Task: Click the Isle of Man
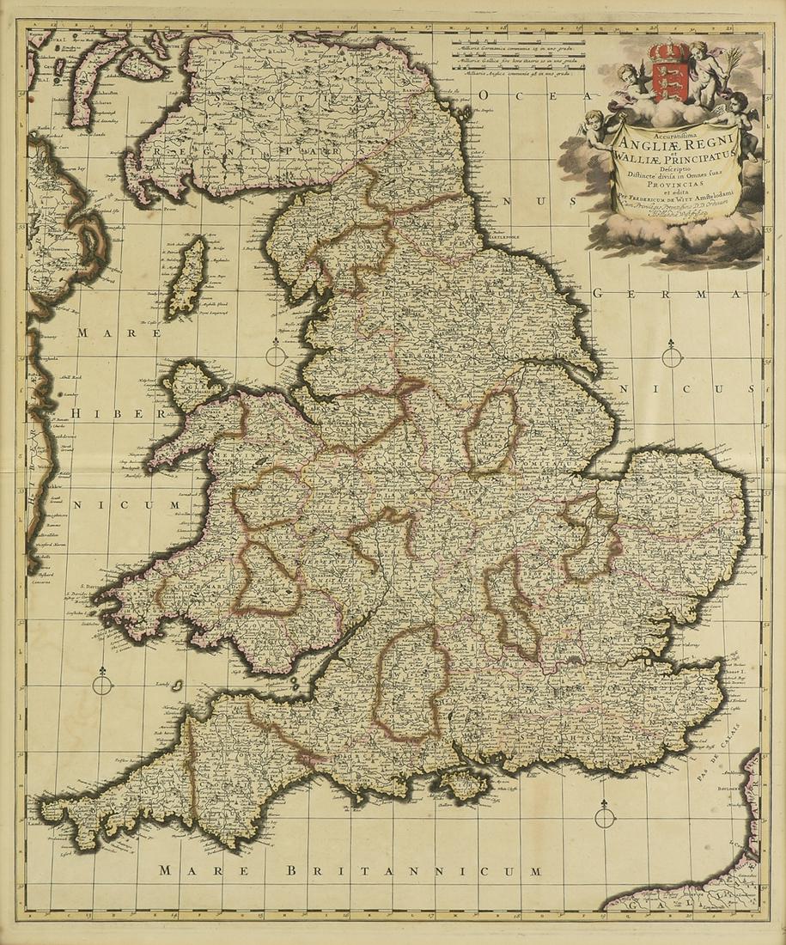pos(187,277)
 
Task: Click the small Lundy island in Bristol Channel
pos(177,686)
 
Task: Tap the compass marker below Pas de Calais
pos(605,815)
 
